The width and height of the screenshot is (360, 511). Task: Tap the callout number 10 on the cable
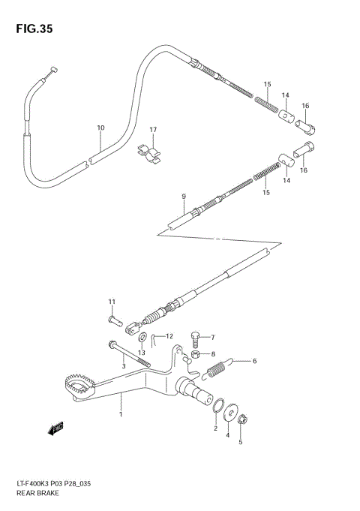(100, 128)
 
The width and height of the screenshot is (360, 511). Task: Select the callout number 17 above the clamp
(153, 130)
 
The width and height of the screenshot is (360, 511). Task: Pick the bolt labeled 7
(196, 338)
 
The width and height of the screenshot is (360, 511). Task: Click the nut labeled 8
(194, 354)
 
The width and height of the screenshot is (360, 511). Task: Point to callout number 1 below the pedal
(118, 413)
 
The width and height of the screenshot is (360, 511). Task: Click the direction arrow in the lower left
(54, 429)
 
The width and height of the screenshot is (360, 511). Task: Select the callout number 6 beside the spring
(254, 361)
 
